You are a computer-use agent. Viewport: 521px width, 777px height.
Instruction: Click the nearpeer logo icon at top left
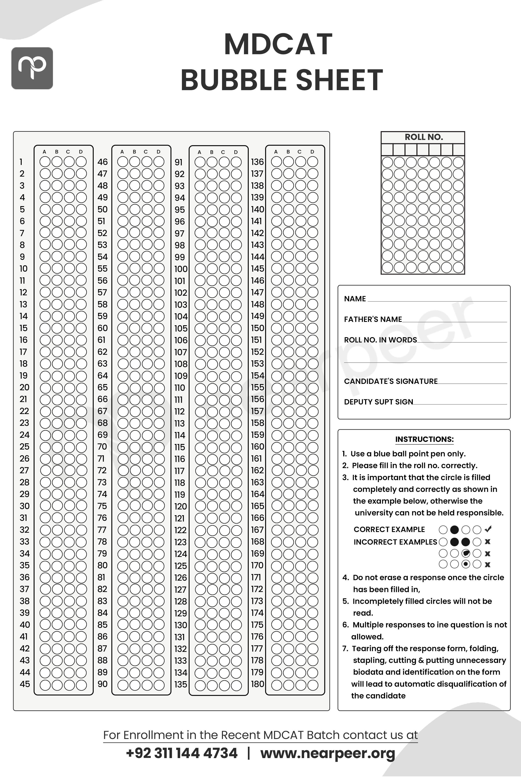point(32,68)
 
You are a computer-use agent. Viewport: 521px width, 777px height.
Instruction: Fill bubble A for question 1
point(45,162)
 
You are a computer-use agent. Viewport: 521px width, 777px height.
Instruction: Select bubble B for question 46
point(135,162)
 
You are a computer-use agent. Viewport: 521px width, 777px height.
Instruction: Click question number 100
point(181,269)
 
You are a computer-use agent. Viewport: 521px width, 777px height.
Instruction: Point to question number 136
point(257,162)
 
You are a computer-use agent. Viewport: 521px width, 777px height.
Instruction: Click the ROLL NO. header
point(424,137)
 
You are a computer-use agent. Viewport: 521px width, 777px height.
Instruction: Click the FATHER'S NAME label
point(373,319)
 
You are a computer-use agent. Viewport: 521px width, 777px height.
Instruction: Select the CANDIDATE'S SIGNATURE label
point(391,381)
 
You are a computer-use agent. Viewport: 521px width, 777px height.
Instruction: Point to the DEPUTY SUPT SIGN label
point(378,402)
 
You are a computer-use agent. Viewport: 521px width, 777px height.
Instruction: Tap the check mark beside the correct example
point(488,529)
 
